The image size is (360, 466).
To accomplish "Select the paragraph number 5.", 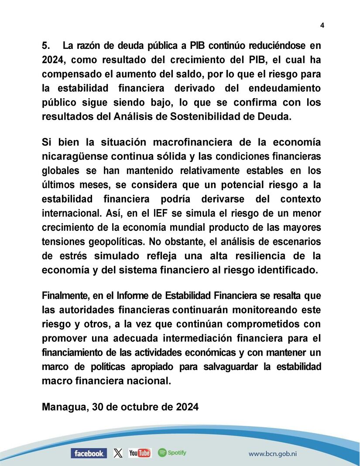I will (46, 45).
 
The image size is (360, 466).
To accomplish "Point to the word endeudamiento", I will (284, 88).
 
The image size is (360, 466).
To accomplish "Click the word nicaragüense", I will (71, 156).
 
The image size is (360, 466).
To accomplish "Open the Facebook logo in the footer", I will (89, 453).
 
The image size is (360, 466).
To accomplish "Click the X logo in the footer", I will (118, 453).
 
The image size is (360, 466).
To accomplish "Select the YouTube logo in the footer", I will (140, 453).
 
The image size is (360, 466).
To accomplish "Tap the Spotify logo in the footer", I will (172, 453).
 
